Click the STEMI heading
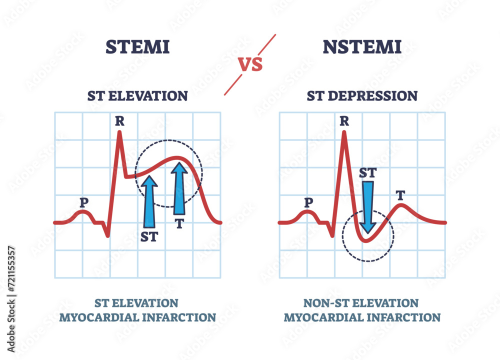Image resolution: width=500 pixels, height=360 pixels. pyautogui.click(x=137, y=47)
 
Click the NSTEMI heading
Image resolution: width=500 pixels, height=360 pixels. pyautogui.click(x=362, y=47)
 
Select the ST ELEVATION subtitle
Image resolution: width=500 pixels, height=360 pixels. pyautogui.click(x=137, y=96)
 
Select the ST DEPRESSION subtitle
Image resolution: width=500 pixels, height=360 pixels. pyautogui.click(x=362, y=96)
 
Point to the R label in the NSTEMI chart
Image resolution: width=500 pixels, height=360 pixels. pyautogui.click(x=344, y=120)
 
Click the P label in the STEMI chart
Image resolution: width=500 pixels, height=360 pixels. pyautogui.click(x=83, y=202)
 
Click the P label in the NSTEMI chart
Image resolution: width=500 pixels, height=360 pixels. pyautogui.click(x=309, y=202)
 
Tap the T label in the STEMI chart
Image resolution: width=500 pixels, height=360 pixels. pyautogui.click(x=179, y=223)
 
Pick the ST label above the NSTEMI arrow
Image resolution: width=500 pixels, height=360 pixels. pyautogui.click(x=368, y=173)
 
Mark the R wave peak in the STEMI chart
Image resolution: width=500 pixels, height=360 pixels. pyautogui.click(x=119, y=132)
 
